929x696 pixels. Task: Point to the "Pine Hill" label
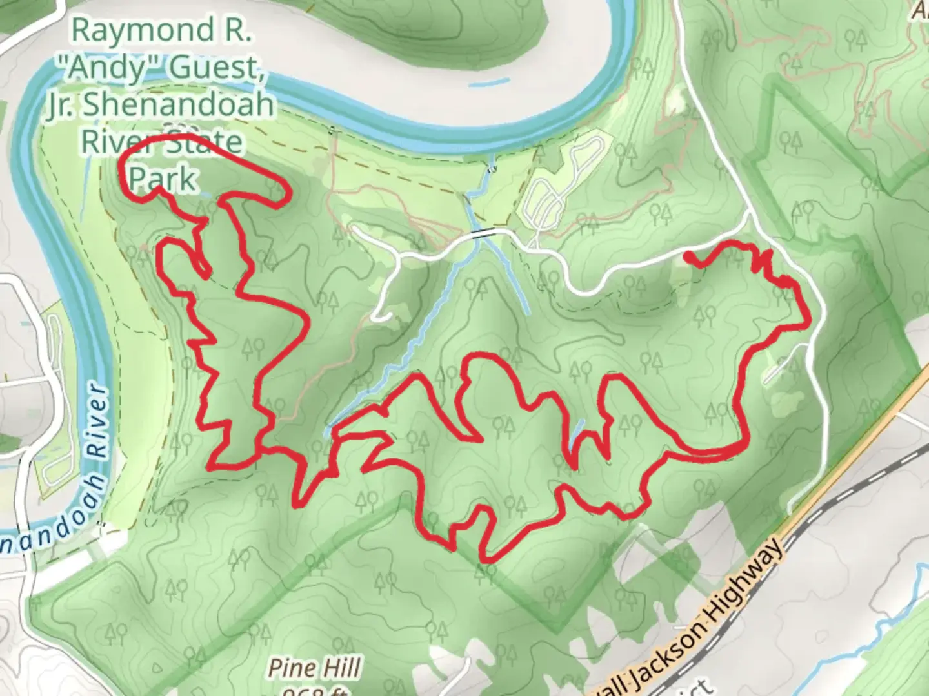(314, 668)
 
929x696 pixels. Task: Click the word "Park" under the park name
(162, 179)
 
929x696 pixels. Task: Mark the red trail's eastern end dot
(690, 257)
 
